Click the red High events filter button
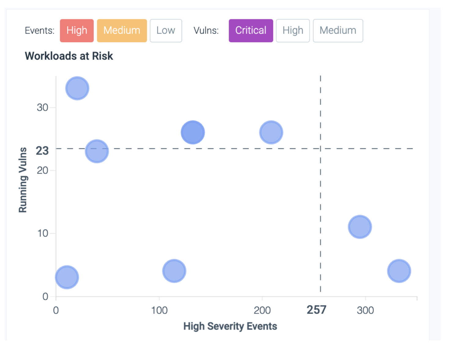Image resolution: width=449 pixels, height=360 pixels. pyautogui.click(x=77, y=31)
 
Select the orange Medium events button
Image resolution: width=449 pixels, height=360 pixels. pyautogui.click(x=122, y=31)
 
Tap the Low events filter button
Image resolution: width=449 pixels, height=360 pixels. pyautogui.click(x=166, y=31)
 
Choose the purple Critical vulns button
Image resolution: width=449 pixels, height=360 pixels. pyautogui.click(x=251, y=31)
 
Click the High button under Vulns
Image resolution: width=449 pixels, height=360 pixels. pyautogui.click(x=293, y=31)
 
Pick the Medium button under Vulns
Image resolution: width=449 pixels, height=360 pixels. pyautogui.click(x=338, y=31)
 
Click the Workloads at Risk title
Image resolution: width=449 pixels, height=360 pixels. pyautogui.click(x=69, y=56)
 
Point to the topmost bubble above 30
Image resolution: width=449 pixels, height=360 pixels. pyautogui.click(x=77, y=88)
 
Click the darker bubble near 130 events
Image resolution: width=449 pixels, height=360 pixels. pyautogui.click(x=193, y=132)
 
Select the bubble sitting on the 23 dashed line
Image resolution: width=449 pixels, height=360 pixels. pyautogui.click(x=97, y=151)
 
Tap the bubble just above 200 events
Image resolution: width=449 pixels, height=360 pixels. pyautogui.click(x=271, y=132)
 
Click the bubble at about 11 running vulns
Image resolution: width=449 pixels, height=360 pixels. pyautogui.click(x=360, y=227)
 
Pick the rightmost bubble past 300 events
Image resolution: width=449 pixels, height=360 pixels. pyautogui.click(x=399, y=271)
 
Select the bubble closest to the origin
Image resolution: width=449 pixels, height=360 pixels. pyautogui.click(x=67, y=277)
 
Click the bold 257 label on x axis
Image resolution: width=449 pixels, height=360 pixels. pyautogui.click(x=316, y=310)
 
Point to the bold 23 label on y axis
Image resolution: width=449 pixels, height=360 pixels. pyautogui.click(x=42, y=151)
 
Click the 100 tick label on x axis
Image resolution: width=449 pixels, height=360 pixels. pyautogui.click(x=159, y=310)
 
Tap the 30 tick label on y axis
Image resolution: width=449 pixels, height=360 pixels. pyautogui.click(x=43, y=108)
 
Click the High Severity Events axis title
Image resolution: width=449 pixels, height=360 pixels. pyautogui.click(x=230, y=326)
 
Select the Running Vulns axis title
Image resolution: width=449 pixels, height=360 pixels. pyautogui.click(x=23, y=180)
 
